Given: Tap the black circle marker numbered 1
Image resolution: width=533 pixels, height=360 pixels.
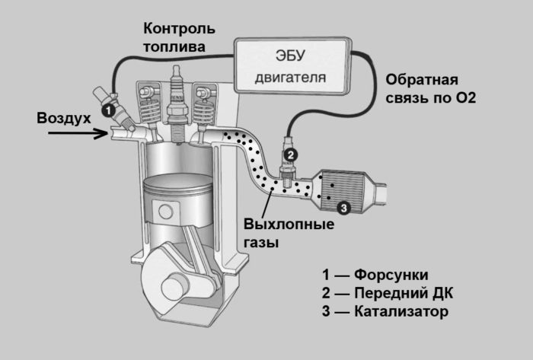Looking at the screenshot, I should (x=109, y=111).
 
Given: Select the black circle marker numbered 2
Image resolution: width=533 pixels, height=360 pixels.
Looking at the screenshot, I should (x=289, y=154).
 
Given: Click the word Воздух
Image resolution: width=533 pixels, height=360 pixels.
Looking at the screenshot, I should (x=63, y=118).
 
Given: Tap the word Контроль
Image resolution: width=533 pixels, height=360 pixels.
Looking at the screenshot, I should (x=179, y=29).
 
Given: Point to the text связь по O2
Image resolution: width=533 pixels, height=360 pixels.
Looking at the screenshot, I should (x=430, y=99).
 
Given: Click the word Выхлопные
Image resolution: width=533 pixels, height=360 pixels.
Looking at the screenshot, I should (x=289, y=226).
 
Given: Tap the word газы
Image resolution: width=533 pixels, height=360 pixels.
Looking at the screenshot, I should (x=262, y=244).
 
